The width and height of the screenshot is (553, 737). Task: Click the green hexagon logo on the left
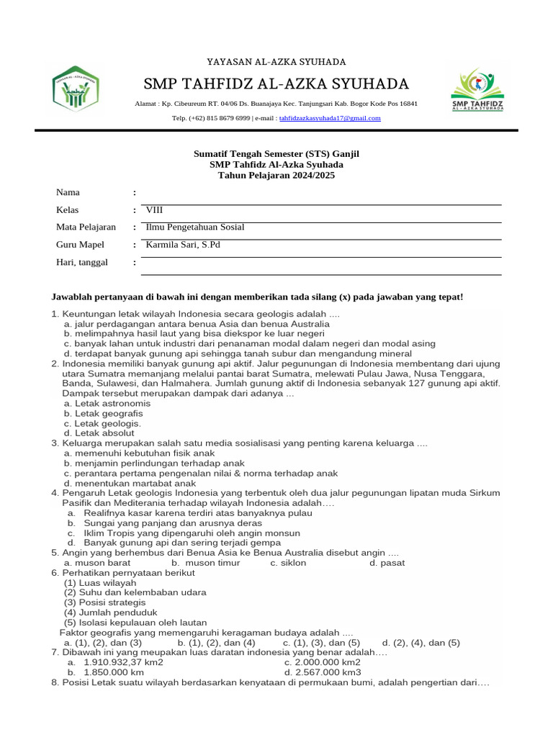(76, 89)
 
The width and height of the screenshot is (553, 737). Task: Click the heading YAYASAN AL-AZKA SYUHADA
(276, 62)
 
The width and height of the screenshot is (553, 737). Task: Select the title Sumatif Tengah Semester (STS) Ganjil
(276, 154)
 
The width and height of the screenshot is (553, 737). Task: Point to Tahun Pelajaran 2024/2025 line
(276, 175)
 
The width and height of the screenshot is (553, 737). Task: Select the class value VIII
(155, 210)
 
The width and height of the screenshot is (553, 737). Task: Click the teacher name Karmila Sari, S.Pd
(183, 245)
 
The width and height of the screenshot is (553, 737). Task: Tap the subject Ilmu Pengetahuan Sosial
(195, 227)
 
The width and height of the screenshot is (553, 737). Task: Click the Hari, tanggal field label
(82, 263)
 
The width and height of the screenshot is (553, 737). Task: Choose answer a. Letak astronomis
(107, 404)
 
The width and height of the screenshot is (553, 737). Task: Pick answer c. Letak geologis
(102, 424)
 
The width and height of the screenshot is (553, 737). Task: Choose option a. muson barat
(97, 563)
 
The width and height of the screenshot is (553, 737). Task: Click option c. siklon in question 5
(288, 563)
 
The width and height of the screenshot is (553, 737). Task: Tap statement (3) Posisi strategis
(104, 602)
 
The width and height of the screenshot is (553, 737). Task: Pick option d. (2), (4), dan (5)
(421, 643)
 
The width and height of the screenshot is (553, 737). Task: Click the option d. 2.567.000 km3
(323, 672)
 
